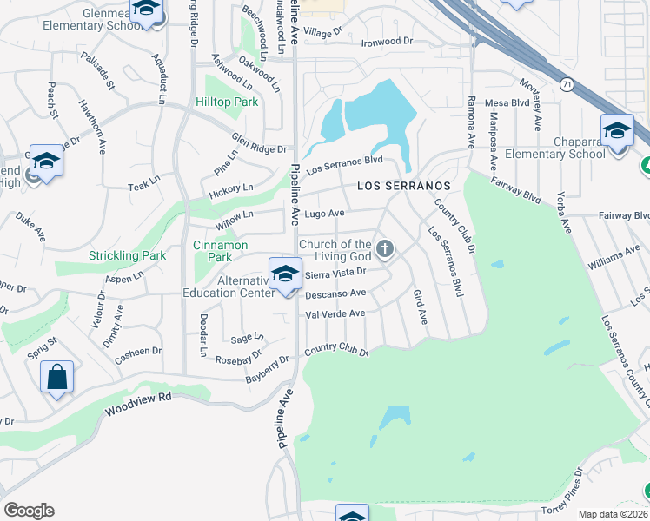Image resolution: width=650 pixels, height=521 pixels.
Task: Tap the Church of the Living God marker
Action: tap(386, 250)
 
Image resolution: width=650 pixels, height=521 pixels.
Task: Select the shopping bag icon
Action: tap(56, 377)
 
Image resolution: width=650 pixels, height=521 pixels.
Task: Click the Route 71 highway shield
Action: tap(567, 84)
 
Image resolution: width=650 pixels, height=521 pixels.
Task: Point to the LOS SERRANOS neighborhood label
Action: tap(404, 187)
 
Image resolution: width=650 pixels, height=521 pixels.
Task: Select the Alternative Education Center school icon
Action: tap(284, 274)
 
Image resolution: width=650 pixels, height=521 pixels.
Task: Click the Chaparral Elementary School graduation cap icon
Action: tap(617, 130)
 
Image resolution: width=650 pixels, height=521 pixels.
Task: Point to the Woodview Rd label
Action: tap(138, 403)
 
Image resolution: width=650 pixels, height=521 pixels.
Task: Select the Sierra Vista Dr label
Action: tap(335, 274)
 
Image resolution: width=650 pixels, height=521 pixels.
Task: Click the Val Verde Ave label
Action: tap(335, 313)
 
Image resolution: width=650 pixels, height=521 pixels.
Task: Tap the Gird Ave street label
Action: tap(420, 307)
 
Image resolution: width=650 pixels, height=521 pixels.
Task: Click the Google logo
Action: tap(28, 511)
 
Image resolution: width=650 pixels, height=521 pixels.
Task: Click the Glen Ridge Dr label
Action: tap(258, 143)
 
